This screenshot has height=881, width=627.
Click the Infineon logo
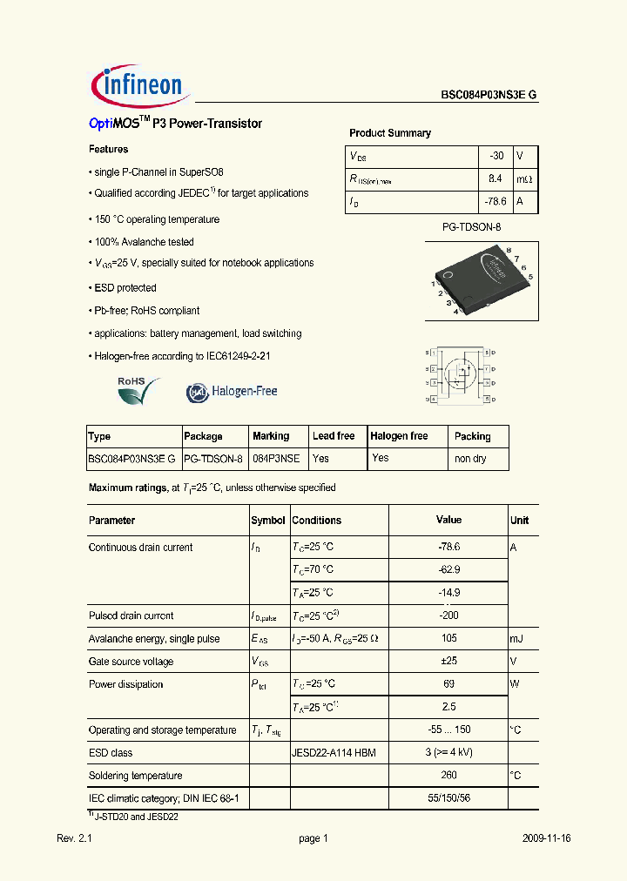137,84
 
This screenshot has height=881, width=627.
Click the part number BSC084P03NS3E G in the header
488,97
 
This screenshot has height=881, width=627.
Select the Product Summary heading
389,133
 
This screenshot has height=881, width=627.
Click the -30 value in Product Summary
496,156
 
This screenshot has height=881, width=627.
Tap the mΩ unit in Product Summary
524,178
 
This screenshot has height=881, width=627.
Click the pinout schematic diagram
461,376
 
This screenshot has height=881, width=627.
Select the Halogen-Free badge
232,392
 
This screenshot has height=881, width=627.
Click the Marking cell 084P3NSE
276,458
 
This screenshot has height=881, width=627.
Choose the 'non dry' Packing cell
470,458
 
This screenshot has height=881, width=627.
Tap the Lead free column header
334,436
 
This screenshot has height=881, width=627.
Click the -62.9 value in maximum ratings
448,569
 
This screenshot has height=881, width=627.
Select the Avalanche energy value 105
448,638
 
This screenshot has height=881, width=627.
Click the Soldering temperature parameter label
135,776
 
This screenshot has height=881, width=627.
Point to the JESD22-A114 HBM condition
334,753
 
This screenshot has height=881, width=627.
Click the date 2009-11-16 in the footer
547,838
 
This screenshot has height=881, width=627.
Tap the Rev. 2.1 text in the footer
74,838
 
